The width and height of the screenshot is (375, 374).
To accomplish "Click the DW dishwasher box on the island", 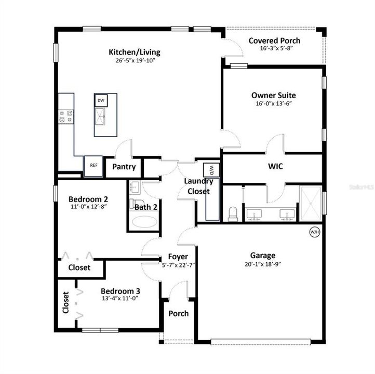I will (101, 100).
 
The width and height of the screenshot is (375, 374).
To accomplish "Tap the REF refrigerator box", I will (93, 166).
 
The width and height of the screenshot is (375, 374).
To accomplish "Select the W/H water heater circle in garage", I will (315, 232).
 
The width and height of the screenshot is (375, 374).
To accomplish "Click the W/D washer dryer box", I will (212, 169).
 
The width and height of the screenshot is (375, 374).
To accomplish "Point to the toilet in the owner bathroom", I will (233, 213).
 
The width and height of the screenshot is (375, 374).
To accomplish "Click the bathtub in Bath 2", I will (143, 223).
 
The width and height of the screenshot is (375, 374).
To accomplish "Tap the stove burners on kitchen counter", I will (66, 116).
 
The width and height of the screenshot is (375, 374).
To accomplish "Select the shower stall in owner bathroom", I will (310, 199).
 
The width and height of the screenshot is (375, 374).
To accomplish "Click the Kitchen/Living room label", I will (134, 52).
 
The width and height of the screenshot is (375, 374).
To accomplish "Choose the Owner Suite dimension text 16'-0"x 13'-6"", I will (274, 103).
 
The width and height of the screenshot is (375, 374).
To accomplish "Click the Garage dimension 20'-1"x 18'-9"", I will (263, 264).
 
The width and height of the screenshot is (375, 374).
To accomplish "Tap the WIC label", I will (275, 166).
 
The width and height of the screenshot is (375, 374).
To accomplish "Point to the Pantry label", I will (124, 167).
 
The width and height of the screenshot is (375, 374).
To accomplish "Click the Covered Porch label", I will (274, 41).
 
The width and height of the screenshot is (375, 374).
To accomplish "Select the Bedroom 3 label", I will (120, 291).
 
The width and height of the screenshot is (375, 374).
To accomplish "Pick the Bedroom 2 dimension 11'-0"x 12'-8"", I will (89, 207).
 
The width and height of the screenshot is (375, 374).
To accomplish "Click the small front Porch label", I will (178, 313).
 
